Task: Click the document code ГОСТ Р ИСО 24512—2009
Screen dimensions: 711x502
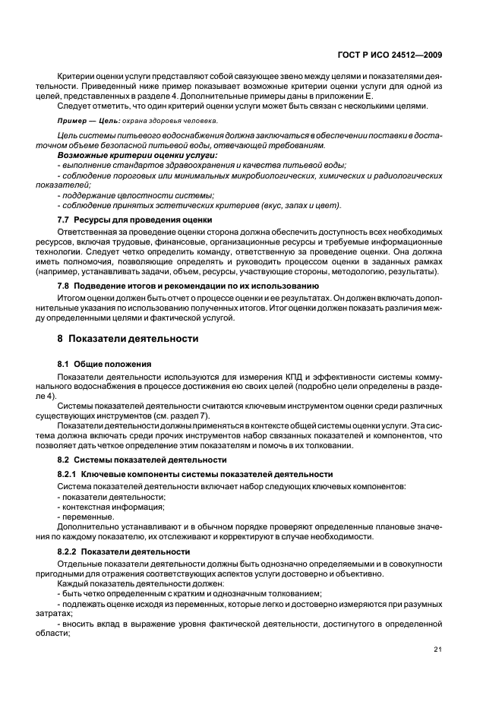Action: point(388,54)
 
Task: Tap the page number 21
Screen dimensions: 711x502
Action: point(438,648)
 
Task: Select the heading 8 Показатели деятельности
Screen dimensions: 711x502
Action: point(122,338)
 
